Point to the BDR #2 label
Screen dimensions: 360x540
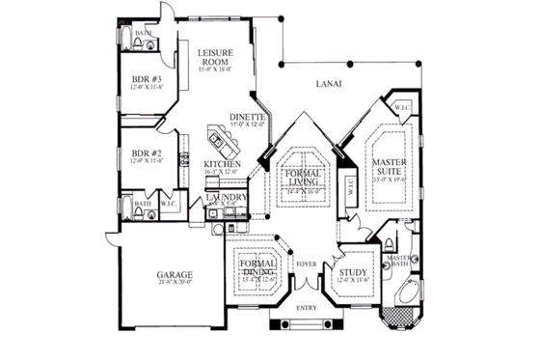(147, 153)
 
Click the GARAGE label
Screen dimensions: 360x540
(175, 274)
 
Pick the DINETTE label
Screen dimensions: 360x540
(247, 117)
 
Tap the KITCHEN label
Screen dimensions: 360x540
(222, 164)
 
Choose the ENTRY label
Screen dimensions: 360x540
(307, 308)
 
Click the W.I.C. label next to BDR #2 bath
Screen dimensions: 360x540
(168, 204)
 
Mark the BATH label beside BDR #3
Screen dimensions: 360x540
(143, 33)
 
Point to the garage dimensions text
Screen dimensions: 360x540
(175, 283)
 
